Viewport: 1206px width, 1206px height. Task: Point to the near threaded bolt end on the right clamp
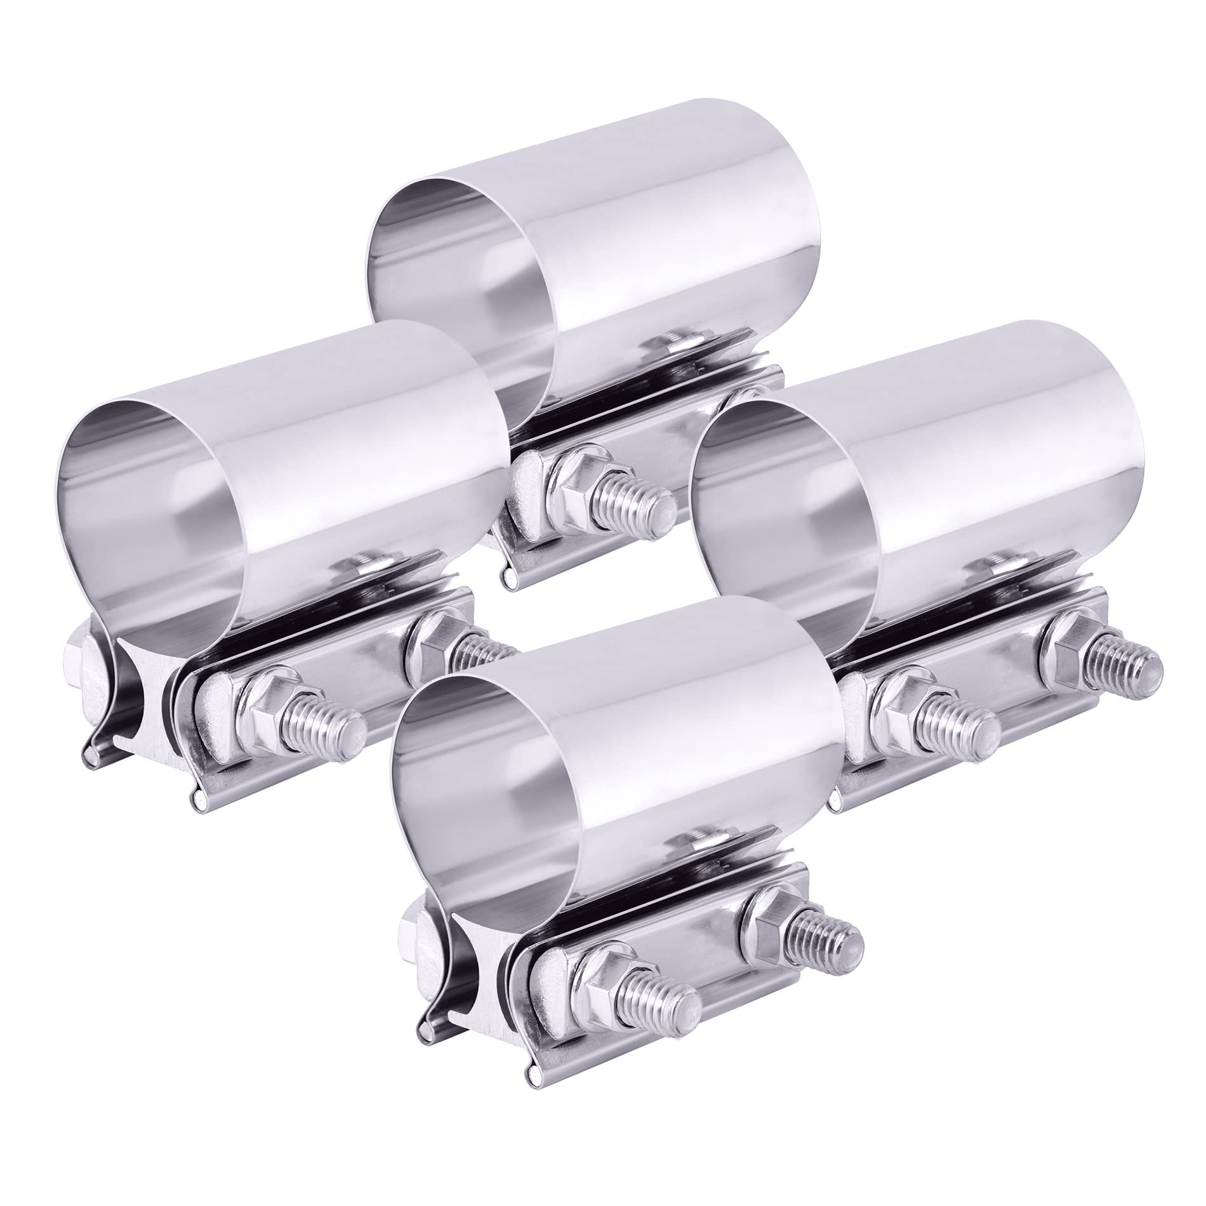click(x=971, y=724)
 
